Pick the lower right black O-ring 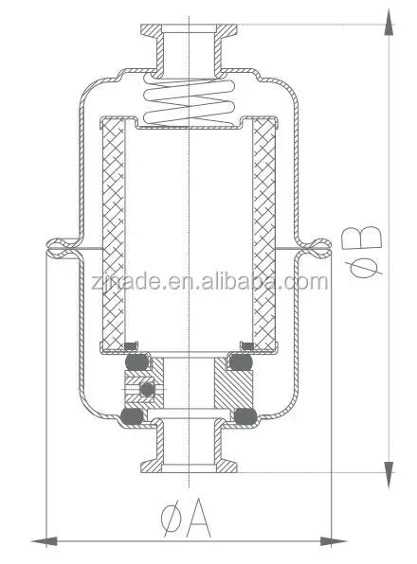pos(246,414)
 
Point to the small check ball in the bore pos(146,390)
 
